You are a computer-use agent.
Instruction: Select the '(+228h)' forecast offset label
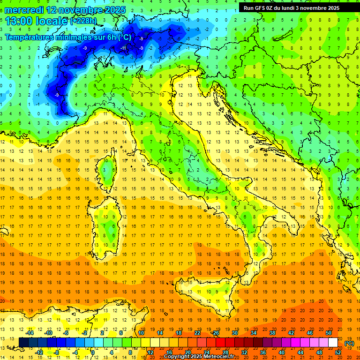click(x=83, y=21)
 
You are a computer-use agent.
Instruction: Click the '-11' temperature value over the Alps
click(x=124, y=48)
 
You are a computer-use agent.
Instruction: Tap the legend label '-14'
click(x=30, y=333)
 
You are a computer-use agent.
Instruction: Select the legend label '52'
click(x=338, y=352)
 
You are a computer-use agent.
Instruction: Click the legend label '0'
click(x=93, y=352)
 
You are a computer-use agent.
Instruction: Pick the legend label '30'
click(x=235, y=333)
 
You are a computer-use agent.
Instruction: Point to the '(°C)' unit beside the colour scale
click(x=349, y=343)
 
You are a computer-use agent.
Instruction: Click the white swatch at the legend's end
click(x=333, y=343)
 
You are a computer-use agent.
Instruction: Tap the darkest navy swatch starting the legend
click(x=23, y=343)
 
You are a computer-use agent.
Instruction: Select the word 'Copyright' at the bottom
click(x=177, y=357)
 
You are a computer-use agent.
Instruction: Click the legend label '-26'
click(x=216, y=333)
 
